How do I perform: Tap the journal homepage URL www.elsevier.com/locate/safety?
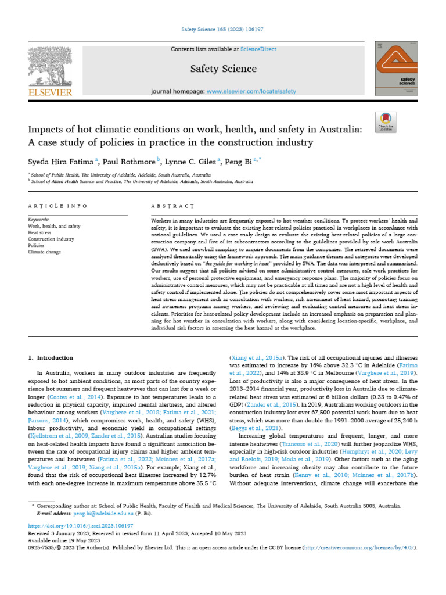pyautogui.click(x=251, y=91)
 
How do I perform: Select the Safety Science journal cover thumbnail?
pyautogui.click(x=397, y=69)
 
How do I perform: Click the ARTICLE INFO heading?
pyautogui.click(x=57, y=206)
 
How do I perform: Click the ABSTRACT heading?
pyautogui.click(x=171, y=206)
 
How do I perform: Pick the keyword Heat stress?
pyautogui.click(x=39, y=232)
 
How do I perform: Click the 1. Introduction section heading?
pyautogui.click(x=51, y=357)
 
